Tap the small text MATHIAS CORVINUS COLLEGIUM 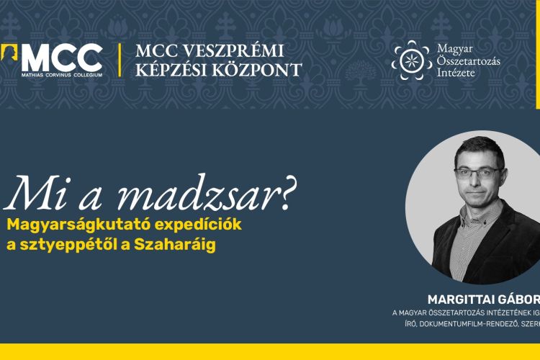tap(62, 73)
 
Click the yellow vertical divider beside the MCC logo tap(119, 60)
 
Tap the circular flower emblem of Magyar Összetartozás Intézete tap(412, 60)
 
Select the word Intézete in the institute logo tap(456, 73)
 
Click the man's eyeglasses tap(479, 172)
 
